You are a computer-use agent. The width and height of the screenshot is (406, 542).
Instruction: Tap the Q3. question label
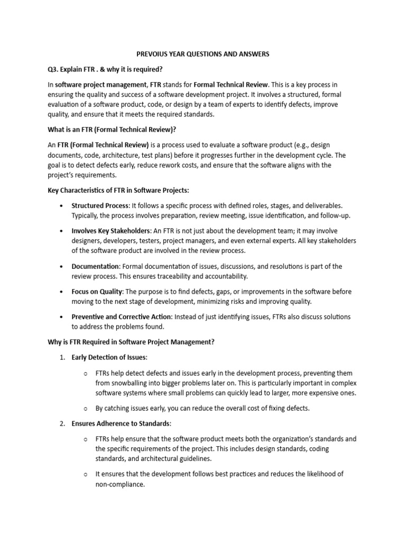coord(54,69)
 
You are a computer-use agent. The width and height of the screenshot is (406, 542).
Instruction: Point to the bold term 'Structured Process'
coord(100,206)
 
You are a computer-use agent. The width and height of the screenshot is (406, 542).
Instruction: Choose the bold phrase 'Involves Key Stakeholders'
coord(111,231)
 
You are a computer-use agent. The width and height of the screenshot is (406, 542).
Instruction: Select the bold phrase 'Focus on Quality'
coord(97,292)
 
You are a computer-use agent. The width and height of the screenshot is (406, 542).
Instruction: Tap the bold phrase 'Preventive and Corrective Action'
coord(122,317)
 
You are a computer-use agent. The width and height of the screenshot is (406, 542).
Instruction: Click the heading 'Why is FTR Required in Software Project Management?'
coord(131,342)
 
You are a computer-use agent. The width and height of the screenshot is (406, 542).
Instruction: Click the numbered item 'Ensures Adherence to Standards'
coord(121,424)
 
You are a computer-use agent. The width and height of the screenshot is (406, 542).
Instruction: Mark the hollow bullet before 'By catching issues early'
coord(86,408)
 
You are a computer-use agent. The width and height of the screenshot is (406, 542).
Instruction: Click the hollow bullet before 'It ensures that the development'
coord(86,474)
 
